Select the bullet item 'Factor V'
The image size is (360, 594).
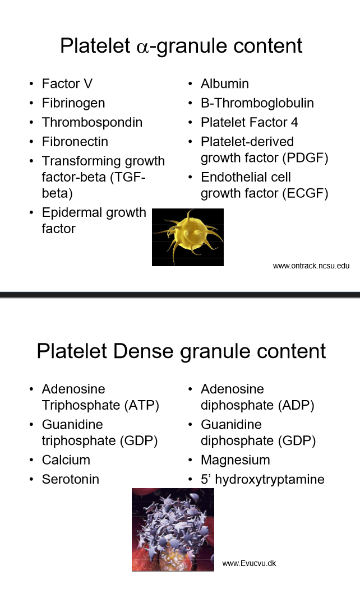(67, 83)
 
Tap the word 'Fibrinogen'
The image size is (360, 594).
(73, 103)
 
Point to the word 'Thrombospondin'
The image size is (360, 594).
(92, 122)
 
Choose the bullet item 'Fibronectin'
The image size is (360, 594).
(75, 142)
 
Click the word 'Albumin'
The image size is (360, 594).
(224, 83)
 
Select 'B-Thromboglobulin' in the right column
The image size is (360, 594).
(257, 103)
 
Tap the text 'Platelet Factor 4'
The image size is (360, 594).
(249, 122)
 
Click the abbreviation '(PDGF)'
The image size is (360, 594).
(305, 157)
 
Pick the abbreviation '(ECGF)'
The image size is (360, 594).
(305, 194)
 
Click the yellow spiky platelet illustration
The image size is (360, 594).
(187, 236)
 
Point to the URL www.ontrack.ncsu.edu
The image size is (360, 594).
(311, 266)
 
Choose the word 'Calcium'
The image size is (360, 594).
(66, 460)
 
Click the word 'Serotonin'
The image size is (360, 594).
(70, 479)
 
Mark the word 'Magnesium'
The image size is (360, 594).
(235, 460)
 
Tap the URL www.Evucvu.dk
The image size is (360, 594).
(249, 563)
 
